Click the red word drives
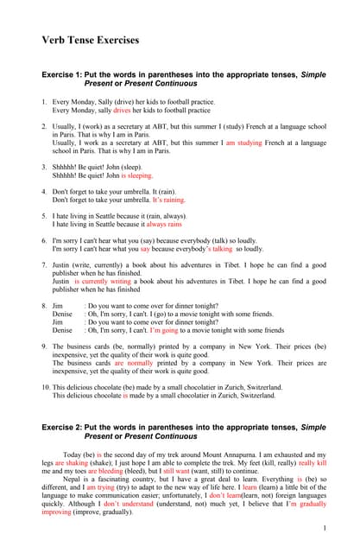pyautogui.click(x=122, y=111)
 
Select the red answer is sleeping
pyautogui.click(x=130, y=175)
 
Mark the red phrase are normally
pyautogui.click(x=135, y=363)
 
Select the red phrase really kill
pyautogui.click(x=313, y=462)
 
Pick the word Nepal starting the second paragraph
pyautogui.click(x=72, y=479)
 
